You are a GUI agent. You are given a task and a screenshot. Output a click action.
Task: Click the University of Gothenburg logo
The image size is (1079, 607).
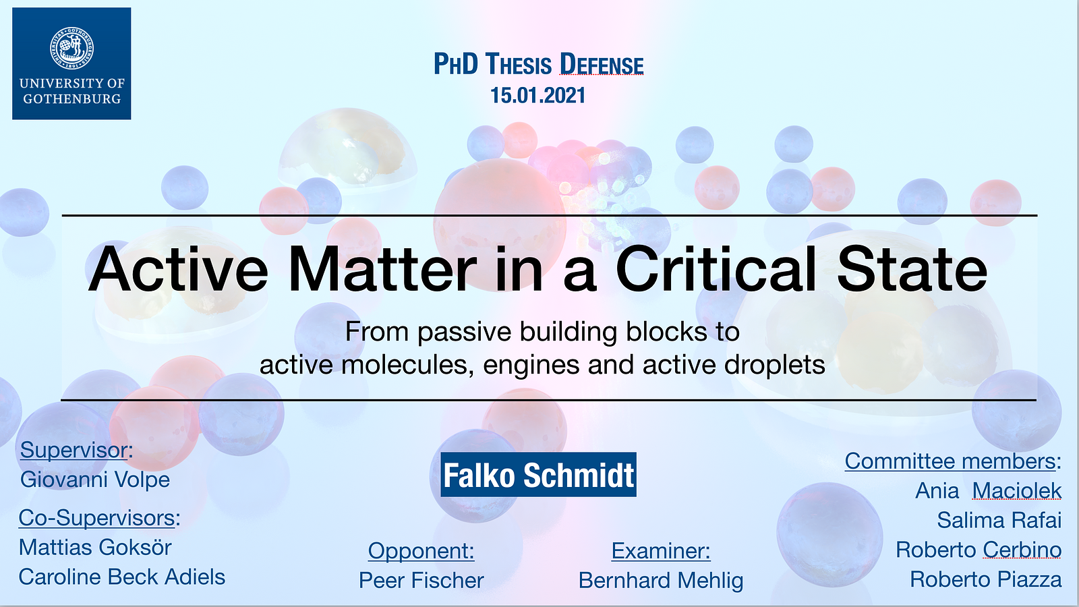click(x=71, y=63)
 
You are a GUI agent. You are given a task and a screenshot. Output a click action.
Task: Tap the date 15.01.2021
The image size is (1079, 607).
click(x=537, y=95)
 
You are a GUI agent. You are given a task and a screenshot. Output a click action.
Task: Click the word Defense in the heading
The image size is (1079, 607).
click(x=601, y=65)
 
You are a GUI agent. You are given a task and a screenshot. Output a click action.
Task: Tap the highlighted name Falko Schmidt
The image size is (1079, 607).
click(x=539, y=475)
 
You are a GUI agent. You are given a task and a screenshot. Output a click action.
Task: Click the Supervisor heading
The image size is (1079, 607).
click(x=76, y=451)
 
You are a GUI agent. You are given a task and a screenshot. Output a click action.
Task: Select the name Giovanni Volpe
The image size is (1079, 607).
click(x=95, y=480)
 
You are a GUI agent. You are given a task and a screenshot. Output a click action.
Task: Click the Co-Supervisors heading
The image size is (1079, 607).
click(x=99, y=519)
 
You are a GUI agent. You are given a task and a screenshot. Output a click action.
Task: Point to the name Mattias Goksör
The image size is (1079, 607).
click(x=95, y=548)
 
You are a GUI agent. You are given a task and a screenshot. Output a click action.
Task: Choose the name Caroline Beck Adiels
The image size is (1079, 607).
click(x=122, y=577)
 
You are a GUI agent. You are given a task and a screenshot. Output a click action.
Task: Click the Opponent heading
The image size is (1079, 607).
click(x=421, y=551)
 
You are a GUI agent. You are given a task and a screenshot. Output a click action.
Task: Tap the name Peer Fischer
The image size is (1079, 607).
click(x=421, y=581)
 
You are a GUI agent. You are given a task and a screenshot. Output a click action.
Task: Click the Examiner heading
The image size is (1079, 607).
click(x=661, y=551)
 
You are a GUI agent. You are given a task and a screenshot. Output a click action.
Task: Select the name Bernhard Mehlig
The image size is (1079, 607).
click(x=661, y=581)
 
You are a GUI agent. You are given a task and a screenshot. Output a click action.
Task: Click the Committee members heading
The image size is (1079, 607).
click(x=953, y=461)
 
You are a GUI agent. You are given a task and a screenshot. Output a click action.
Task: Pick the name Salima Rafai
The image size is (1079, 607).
click(x=999, y=520)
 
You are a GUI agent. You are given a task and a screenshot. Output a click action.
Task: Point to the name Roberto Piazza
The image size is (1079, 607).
click(x=985, y=579)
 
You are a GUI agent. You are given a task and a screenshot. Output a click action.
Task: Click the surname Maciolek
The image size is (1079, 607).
click(x=1017, y=491)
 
